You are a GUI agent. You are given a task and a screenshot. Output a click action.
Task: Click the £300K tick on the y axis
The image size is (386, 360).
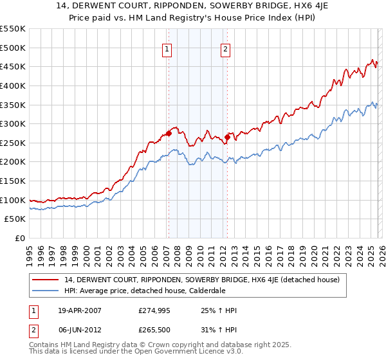pos(13,123)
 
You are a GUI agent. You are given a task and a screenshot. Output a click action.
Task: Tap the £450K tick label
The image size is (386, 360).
pos(13,66)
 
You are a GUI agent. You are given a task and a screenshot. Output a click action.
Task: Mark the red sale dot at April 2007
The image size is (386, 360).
pos(169,134)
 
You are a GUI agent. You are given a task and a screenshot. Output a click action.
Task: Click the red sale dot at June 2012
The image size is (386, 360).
pos(227,137)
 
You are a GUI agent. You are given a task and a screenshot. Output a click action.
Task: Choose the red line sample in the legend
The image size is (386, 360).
pos(46,280)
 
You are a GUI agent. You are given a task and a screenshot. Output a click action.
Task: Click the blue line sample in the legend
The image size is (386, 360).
pos(46,291)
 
